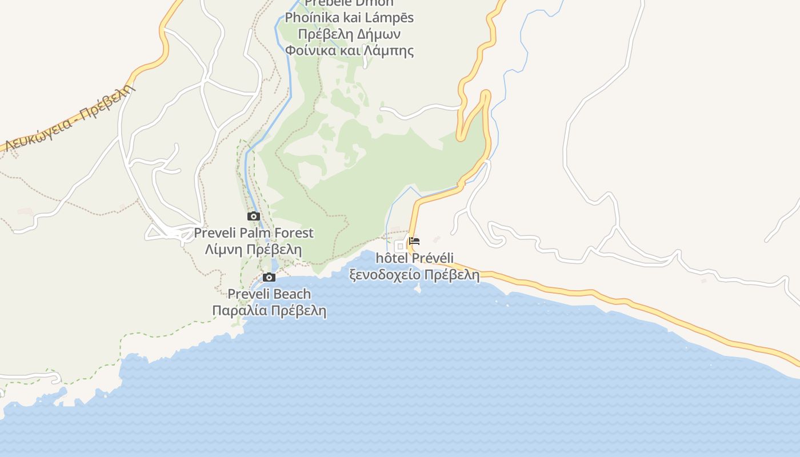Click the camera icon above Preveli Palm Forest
254,217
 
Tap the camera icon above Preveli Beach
269,278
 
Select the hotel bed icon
414,241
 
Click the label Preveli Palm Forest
254,233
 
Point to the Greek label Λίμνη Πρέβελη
254,250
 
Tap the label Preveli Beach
269,294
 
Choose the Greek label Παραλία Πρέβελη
269,311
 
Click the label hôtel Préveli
415,258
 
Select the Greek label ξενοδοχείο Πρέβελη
415,275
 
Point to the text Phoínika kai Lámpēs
349,18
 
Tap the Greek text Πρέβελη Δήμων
349,34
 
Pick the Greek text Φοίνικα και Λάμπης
349,50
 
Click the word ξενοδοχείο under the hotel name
386,275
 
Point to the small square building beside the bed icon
400,246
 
